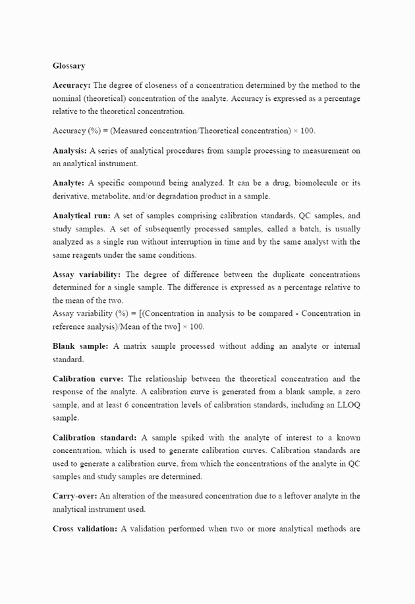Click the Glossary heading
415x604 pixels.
tap(69, 65)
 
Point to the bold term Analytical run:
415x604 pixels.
tap(82, 216)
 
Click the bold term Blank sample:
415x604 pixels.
tap(80, 346)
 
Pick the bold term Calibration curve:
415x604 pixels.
tap(88, 378)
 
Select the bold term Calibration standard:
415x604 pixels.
tap(95, 437)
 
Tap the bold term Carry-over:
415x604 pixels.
tap(75, 496)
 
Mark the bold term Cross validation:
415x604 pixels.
tap(85, 528)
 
